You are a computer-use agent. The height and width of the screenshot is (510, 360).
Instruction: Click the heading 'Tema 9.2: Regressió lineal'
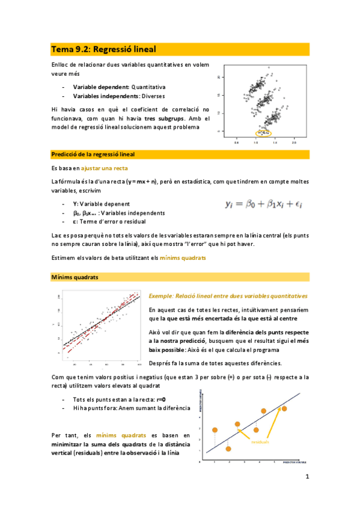coord(104,49)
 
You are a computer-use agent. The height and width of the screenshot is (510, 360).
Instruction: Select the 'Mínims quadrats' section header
coord(75,277)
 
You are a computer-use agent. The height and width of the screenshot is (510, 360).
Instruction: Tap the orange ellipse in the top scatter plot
coord(263,133)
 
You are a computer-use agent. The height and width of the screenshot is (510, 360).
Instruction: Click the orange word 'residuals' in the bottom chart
coord(260,441)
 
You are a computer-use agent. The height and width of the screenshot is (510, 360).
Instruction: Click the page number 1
coord(307,478)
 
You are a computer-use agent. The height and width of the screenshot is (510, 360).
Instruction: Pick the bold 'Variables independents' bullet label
coord(100,96)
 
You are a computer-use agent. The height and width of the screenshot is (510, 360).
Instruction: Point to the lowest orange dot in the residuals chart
coord(228,449)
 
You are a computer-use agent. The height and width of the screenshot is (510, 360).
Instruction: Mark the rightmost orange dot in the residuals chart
coord(284,409)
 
